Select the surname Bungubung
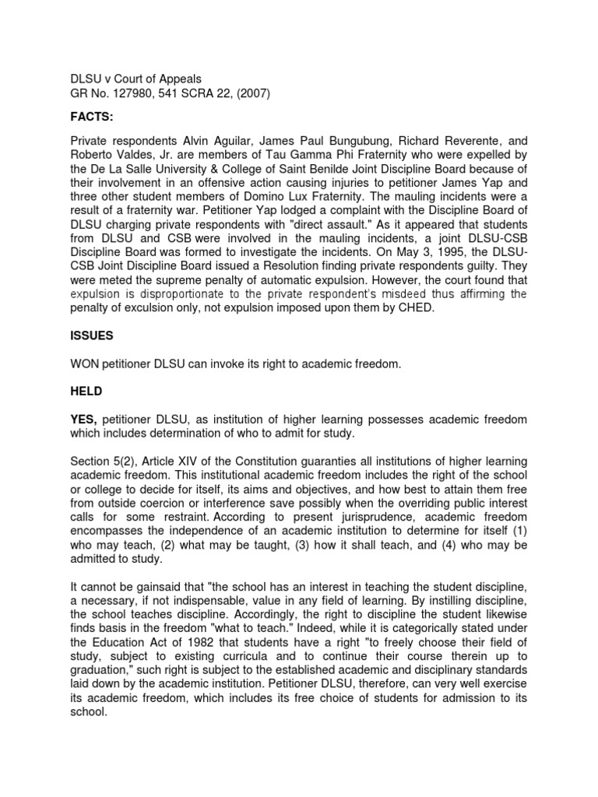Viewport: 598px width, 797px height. [310, 142]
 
